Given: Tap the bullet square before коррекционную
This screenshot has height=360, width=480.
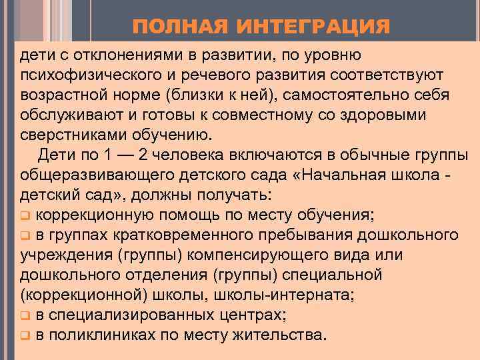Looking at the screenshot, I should (x=25, y=215).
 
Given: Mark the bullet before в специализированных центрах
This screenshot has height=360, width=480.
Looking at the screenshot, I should (x=25, y=315).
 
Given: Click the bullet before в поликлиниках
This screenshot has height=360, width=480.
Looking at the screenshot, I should (x=25, y=335).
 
